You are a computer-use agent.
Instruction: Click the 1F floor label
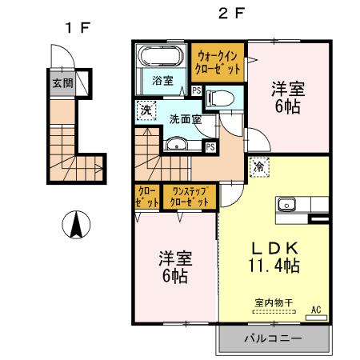point(78,27)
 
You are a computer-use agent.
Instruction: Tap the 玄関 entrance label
point(62,82)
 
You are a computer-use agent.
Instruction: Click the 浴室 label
point(163,79)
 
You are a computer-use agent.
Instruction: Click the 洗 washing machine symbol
point(146,110)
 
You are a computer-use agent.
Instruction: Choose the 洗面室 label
point(184,119)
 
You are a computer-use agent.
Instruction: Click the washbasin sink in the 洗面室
point(176,146)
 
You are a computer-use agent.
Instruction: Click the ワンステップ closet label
point(190,197)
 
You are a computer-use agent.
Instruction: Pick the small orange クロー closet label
point(147,197)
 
